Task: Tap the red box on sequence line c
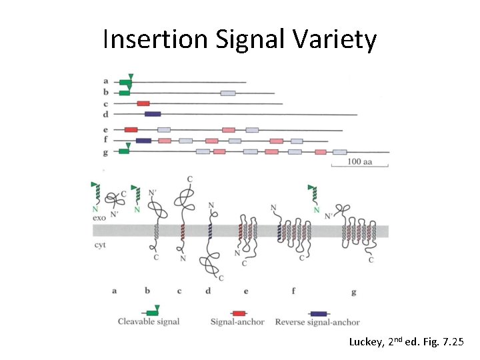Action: coord(143,103)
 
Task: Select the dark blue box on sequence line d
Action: coord(153,114)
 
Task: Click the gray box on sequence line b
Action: coord(228,93)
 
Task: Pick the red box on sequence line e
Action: coord(131,129)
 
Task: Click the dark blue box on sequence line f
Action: coord(143,140)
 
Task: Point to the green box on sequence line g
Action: coord(123,151)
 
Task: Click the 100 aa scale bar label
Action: coord(360,162)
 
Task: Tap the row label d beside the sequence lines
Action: coord(106,114)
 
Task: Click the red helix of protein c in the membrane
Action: coord(181,231)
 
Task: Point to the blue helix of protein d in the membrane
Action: coord(209,231)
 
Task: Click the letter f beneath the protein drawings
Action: coord(294,291)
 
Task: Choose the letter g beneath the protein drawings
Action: coord(353,291)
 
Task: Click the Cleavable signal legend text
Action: coord(149,322)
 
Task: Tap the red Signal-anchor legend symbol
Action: coord(238,312)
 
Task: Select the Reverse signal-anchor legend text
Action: coord(317,322)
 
